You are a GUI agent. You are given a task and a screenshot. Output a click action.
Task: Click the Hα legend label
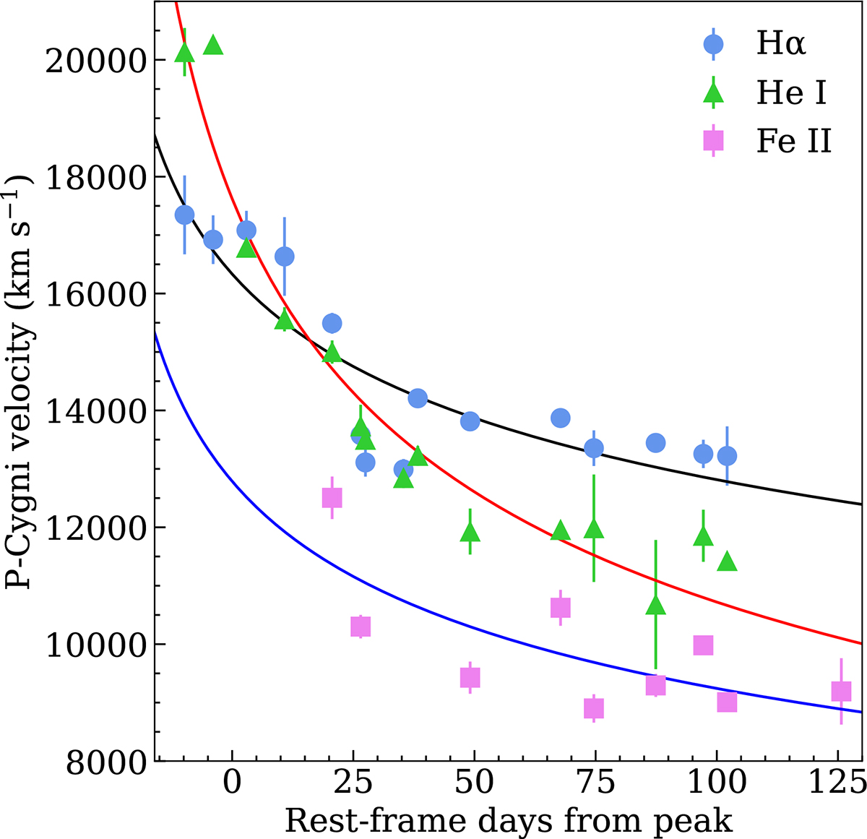click(x=780, y=45)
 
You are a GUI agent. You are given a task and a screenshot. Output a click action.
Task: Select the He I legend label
click(x=791, y=93)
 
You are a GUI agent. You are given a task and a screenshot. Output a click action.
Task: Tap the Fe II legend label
click(x=793, y=142)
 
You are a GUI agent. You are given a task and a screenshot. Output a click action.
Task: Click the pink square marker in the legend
click(x=713, y=141)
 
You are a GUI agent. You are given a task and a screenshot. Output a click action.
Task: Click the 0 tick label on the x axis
click(x=232, y=786)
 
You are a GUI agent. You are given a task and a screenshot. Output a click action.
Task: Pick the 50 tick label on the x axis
click(x=474, y=786)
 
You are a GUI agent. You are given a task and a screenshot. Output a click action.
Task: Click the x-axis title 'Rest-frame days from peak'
click(x=509, y=821)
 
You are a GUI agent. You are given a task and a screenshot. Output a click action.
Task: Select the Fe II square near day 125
click(x=841, y=692)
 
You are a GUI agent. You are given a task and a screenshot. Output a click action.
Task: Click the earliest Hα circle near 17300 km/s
click(x=184, y=215)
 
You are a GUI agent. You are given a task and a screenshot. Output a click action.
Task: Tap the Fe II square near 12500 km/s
click(x=332, y=498)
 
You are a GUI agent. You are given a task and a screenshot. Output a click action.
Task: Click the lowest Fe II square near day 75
click(x=594, y=708)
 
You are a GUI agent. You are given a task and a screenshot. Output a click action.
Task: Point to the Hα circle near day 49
click(x=470, y=421)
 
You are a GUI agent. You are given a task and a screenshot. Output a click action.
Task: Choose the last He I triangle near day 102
click(x=727, y=561)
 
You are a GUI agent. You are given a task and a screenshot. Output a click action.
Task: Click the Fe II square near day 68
click(x=560, y=608)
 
